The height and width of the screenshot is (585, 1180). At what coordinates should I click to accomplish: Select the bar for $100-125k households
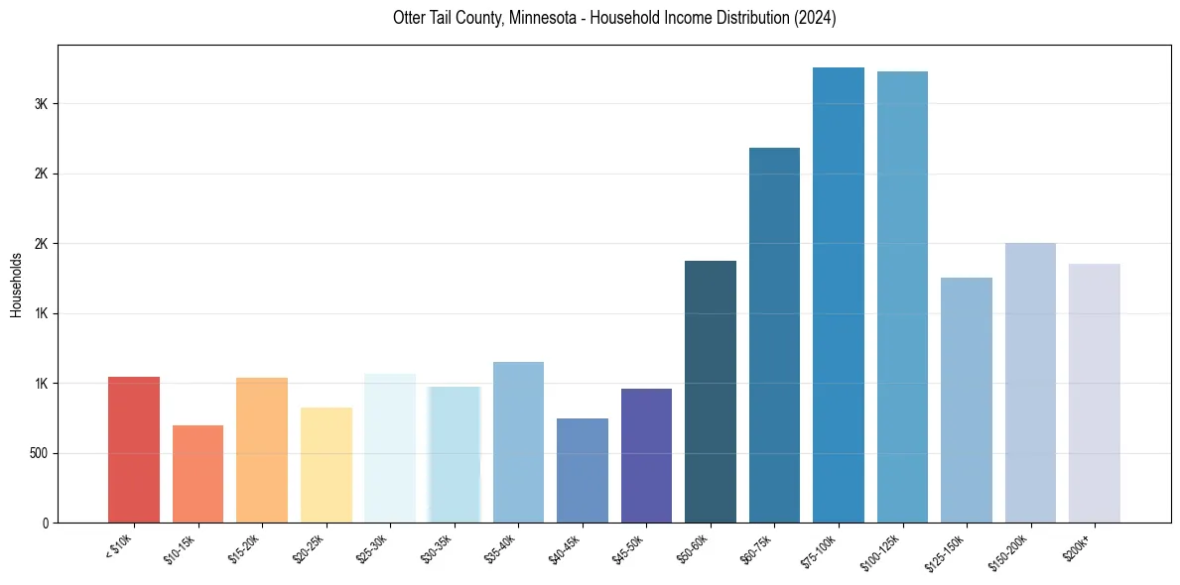[x=902, y=297]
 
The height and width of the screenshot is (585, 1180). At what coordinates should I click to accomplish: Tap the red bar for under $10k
[x=134, y=450]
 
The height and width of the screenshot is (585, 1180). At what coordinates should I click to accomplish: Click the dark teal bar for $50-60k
[x=711, y=392]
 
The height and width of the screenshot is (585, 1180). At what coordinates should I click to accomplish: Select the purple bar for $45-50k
[x=646, y=456]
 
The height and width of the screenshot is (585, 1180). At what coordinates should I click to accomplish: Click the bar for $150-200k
[x=1030, y=383]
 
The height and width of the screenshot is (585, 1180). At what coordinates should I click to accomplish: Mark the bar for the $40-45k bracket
[x=583, y=471]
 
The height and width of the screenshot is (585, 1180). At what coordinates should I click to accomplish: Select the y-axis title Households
[x=17, y=285]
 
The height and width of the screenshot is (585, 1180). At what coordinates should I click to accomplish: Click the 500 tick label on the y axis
[x=39, y=453]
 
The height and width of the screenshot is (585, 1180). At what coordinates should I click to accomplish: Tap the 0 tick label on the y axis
[x=46, y=523]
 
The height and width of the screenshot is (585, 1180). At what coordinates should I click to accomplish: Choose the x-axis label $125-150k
[x=950, y=550]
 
